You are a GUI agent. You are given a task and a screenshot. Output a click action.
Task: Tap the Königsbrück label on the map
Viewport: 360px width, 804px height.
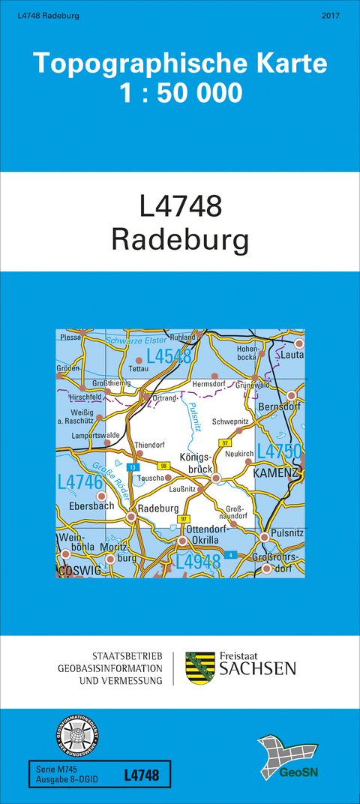click(x=196, y=462)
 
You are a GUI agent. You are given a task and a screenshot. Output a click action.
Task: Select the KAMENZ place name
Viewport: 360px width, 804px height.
click(x=275, y=474)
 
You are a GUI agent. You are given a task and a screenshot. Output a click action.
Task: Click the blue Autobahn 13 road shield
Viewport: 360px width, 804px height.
click(x=133, y=467)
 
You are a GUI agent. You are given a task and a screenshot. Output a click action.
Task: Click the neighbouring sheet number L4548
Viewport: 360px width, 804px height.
click(x=169, y=356)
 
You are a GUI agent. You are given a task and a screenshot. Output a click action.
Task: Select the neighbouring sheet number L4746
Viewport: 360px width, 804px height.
click(x=79, y=482)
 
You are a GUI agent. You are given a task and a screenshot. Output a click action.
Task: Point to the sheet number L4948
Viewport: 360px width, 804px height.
click(x=198, y=561)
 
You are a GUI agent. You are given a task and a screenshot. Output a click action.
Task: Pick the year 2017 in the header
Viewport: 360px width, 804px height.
click(x=331, y=16)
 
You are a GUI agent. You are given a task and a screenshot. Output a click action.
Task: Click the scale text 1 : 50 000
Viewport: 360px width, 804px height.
click(x=180, y=94)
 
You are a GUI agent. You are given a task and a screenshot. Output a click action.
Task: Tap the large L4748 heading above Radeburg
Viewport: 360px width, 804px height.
click(x=180, y=206)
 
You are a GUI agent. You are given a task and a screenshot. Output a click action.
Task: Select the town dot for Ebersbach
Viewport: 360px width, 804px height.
click(x=102, y=496)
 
